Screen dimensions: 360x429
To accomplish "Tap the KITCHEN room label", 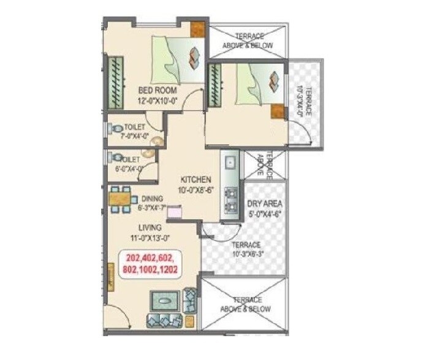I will pos(196,179).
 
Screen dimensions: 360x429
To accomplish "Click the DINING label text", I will pos(151,198).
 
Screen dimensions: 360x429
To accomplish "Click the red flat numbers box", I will pos(156,263).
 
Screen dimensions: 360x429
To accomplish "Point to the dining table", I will pos(123,201).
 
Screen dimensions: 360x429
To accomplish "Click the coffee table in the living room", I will pos(165,302).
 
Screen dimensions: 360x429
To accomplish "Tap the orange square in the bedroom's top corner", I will pos(197,29).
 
